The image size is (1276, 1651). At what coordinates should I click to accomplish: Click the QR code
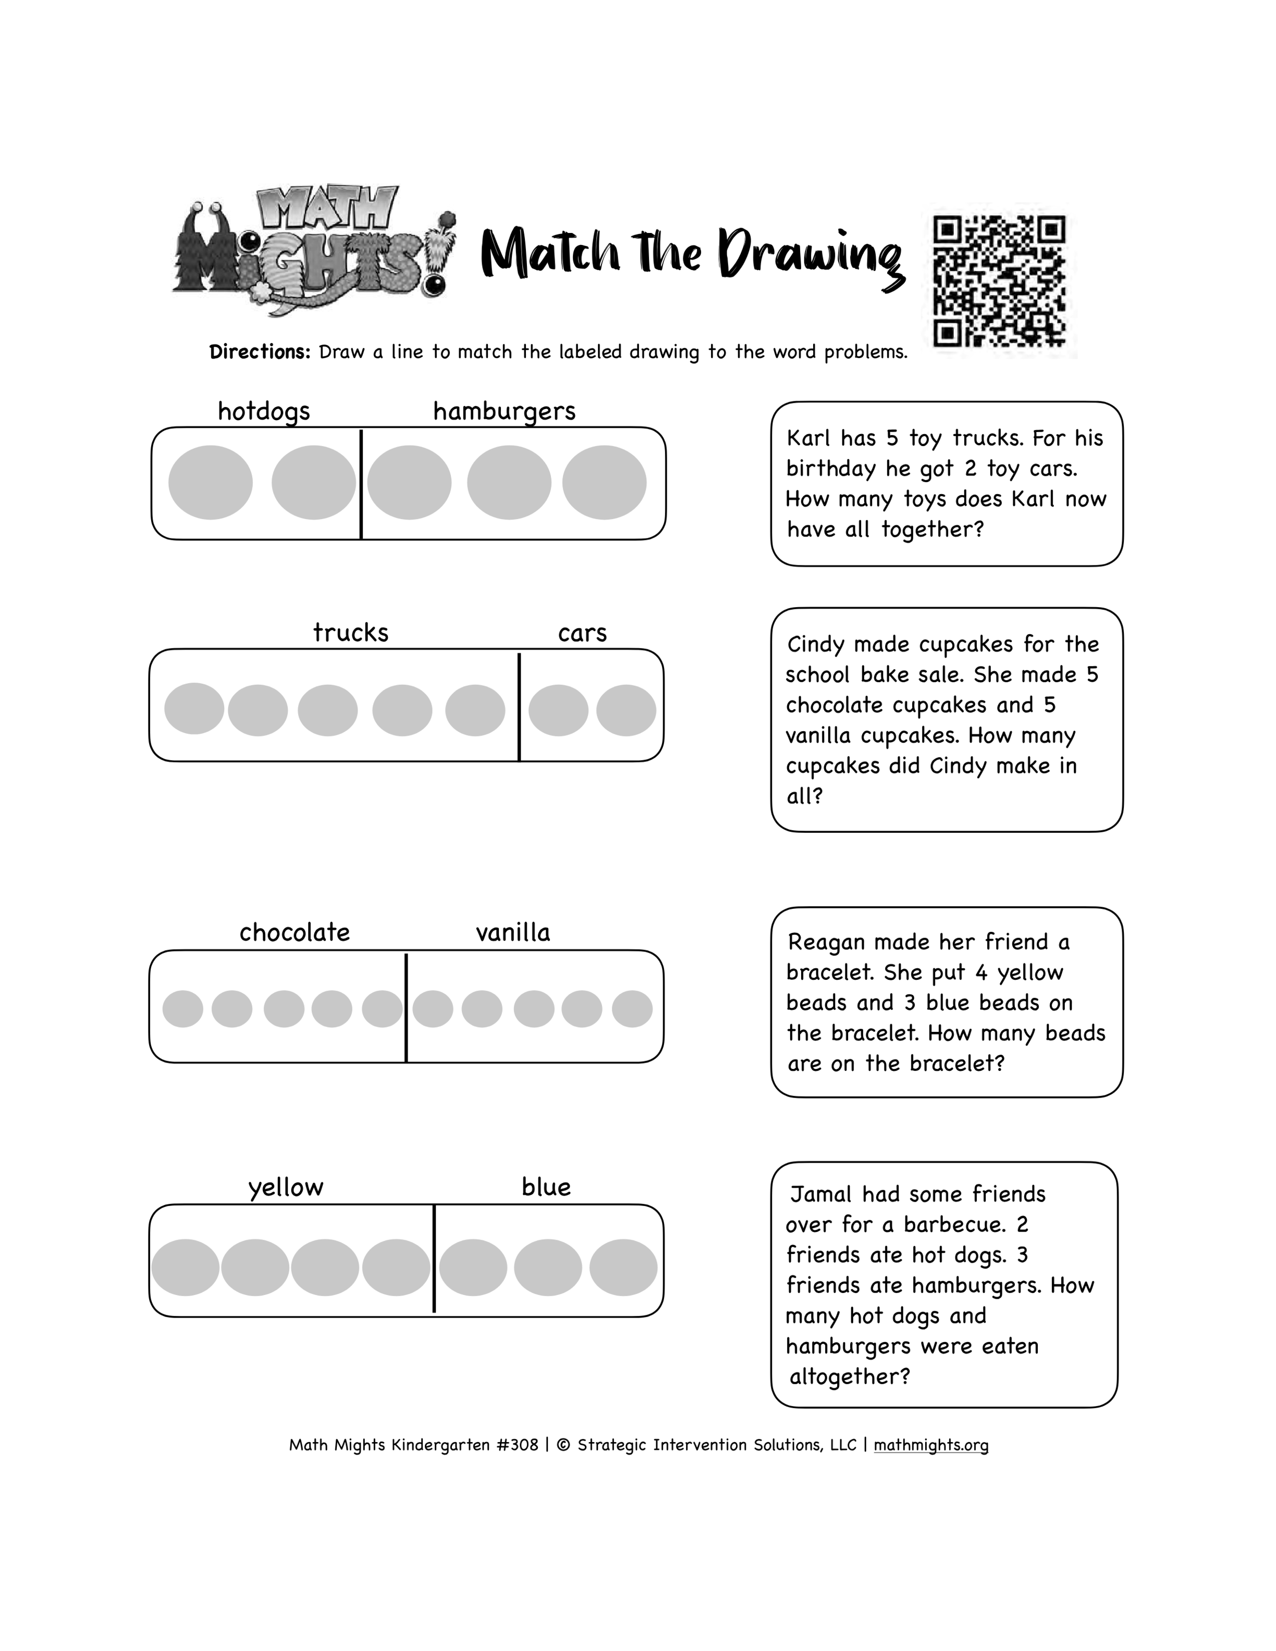coord(999,281)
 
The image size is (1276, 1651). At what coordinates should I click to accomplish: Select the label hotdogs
coord(264,411)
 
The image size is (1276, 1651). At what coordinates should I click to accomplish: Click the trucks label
coord(351,633)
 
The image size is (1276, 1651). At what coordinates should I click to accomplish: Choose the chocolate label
coord(295,932)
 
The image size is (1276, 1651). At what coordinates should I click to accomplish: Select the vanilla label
coord(513,932)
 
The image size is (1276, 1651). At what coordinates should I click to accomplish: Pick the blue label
coord(546,1186)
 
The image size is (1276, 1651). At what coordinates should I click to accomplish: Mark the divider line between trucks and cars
coord(519,706)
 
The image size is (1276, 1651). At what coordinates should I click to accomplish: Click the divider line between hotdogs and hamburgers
coord(361,485)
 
